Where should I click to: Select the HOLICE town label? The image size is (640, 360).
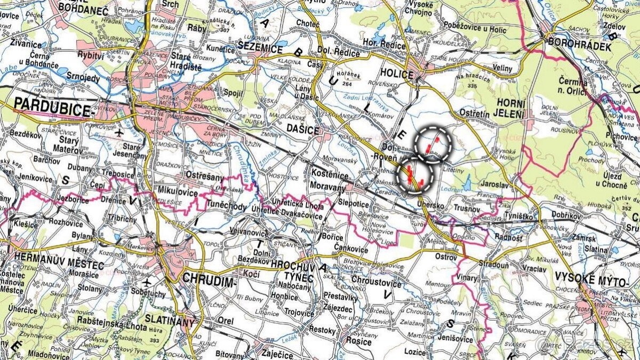(x=397, y=74)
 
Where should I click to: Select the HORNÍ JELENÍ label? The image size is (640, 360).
(x=503, y=107)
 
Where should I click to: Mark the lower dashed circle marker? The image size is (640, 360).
(x=415, y=175)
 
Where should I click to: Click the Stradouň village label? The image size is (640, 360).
(x=493, y=263)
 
